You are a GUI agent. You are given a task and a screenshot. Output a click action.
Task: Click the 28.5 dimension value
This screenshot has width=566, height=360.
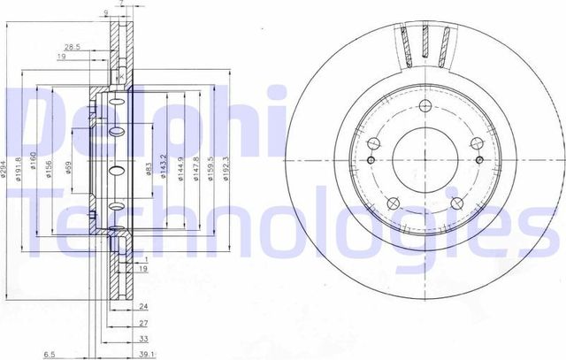[x=72, y=46]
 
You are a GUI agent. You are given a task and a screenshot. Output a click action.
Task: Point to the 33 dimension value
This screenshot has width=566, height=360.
[x=141, y=338]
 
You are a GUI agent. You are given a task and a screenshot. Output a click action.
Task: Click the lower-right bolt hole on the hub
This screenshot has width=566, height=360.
[x=455, y=203]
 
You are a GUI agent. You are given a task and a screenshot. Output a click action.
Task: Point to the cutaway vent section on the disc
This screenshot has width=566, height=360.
[x=424, y=44]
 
